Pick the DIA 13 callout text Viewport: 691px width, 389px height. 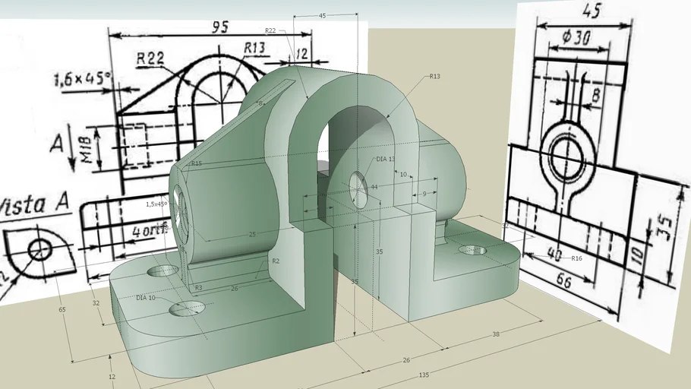coord(386,160)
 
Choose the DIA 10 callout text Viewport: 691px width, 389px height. coord(146,297)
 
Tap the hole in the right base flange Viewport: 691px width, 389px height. coord(472,250)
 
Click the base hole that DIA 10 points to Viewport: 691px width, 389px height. coord(187,308)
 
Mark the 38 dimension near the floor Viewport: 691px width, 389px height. coord(495,334)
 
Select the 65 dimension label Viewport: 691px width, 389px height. coord(62,309)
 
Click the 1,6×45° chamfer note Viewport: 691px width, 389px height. coord(82,78)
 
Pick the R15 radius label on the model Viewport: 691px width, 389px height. coord(196,163)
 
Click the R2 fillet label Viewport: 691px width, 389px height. coord(276,261)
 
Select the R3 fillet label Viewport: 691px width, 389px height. coord(198,288)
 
